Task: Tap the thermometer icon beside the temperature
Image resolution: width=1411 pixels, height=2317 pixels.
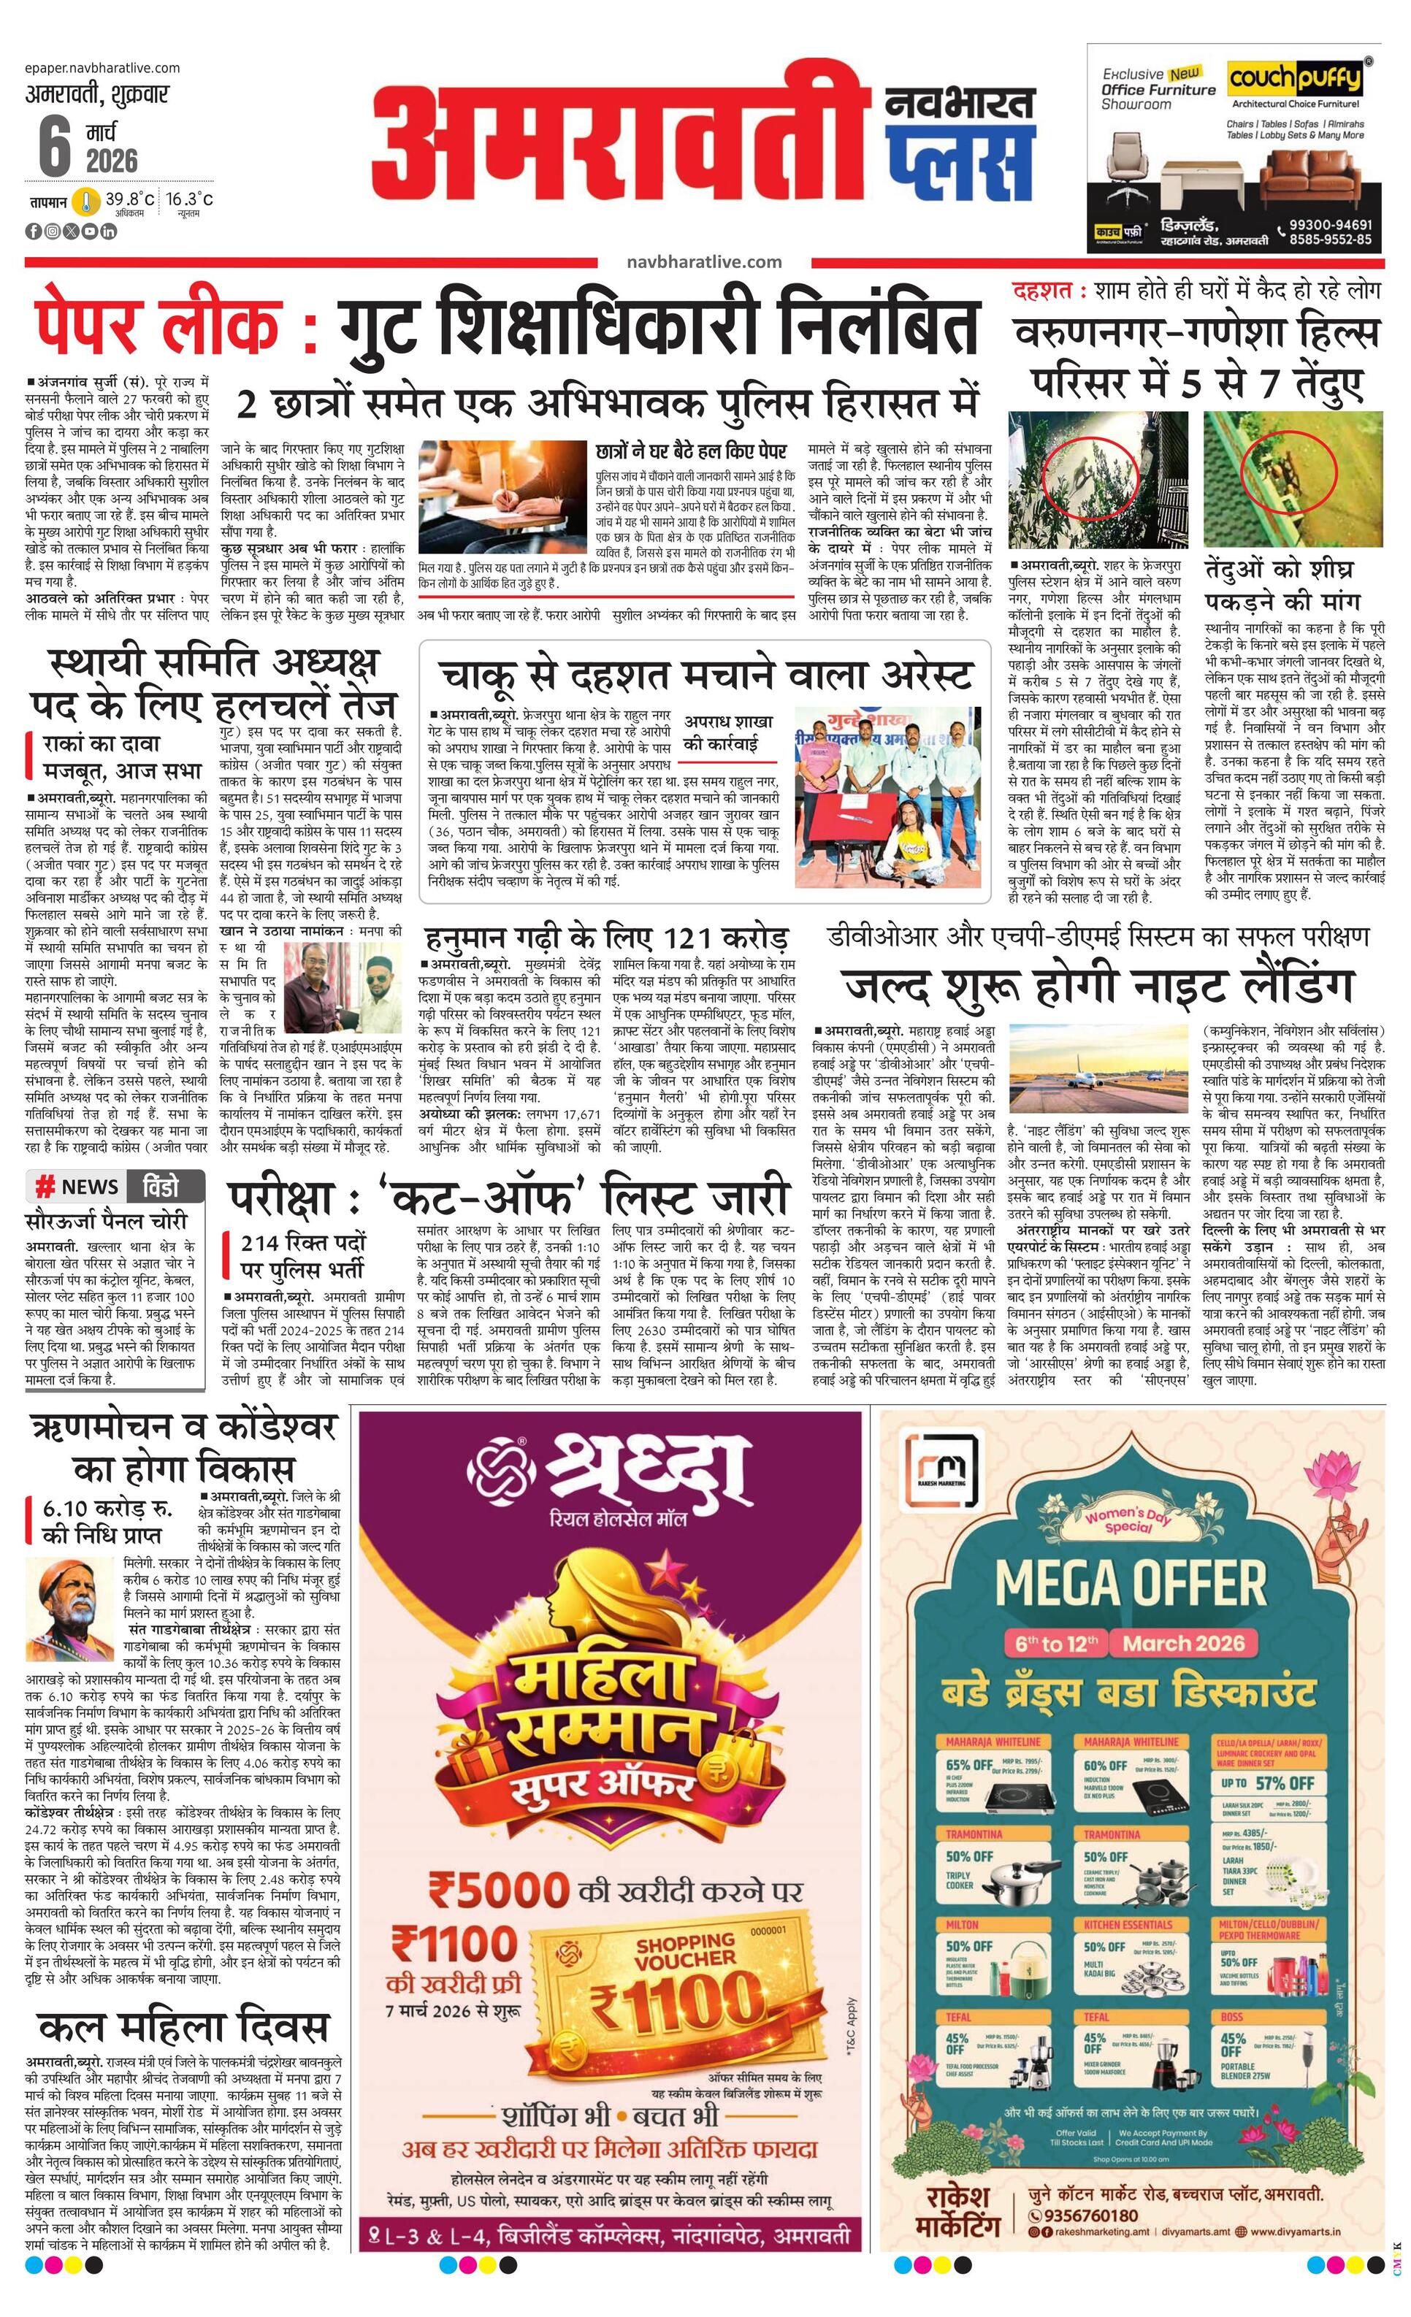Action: (x=86, y=202)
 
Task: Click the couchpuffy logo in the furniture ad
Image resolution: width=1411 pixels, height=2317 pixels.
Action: (x=1296, y=78)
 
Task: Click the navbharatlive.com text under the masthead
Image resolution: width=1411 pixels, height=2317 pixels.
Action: (x=703, y=261)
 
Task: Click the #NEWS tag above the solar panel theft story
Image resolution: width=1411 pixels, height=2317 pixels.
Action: (x=77, y=1187)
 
